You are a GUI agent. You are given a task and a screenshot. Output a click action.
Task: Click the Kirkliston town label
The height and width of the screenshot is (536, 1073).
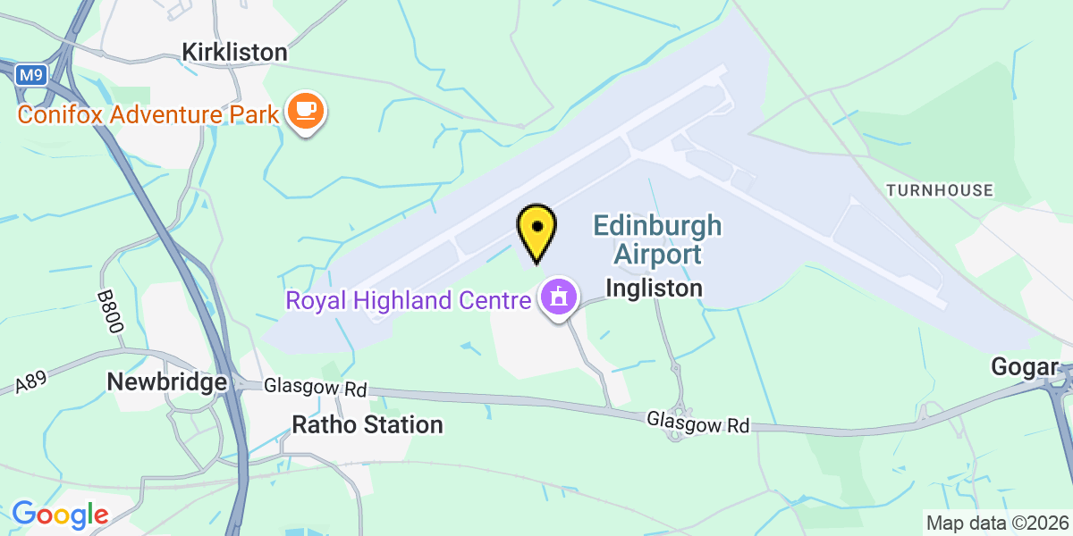pos(234,52)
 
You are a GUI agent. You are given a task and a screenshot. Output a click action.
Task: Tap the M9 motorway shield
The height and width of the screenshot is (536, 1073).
pos(30,75)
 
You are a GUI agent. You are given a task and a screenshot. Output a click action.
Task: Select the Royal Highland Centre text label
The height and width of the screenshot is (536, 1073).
pos(408,300)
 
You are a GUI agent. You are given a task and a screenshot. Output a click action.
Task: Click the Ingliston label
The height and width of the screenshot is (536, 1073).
pos(654,289)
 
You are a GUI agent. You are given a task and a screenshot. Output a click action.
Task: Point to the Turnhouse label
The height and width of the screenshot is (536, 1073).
pos(939,190)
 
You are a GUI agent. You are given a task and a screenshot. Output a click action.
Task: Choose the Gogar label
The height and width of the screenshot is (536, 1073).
pos(1025,366)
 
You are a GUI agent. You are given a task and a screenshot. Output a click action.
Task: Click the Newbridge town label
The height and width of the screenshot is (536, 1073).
pos(166,382)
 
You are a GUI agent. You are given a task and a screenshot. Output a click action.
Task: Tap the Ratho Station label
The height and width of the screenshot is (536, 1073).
pos(368,424)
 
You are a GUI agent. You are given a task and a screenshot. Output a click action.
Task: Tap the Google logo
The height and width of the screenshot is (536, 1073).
pos(60,515)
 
